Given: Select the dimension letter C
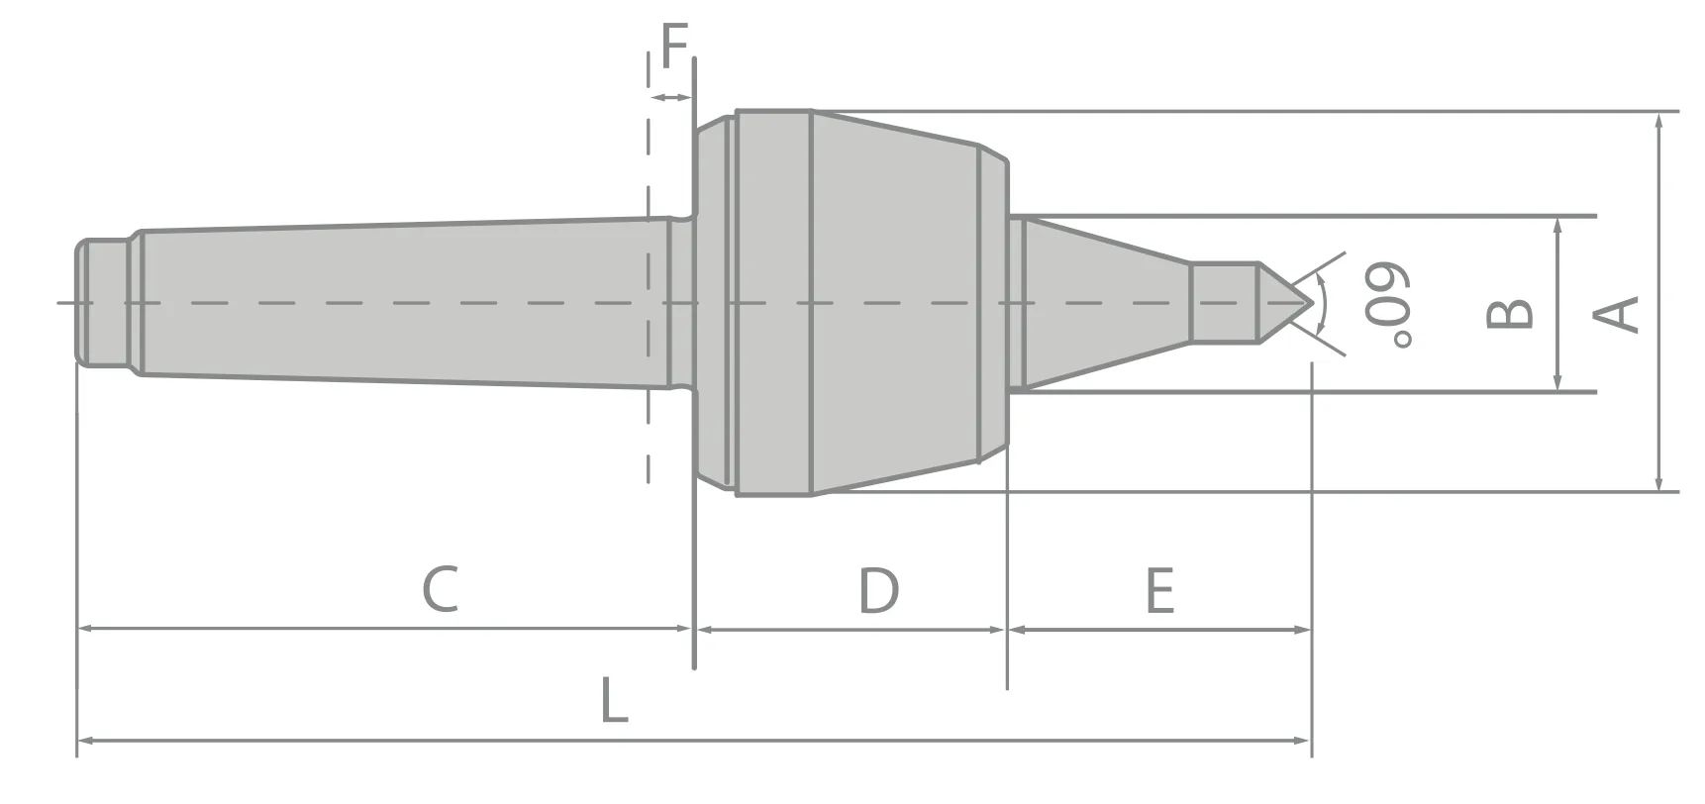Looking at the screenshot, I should (x=441, y=590).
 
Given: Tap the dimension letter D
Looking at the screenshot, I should (x=878, y=590).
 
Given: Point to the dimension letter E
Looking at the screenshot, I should (x=1159, y=591).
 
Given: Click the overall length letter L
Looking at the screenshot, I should (x=614, y=700).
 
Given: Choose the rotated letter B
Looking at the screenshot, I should (x=1511, y=314).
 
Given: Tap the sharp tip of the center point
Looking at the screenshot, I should (x=1311, y=302).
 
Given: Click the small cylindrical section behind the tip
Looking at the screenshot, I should (x=1224, y=302).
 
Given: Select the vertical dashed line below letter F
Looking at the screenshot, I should (x=648, y=297).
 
